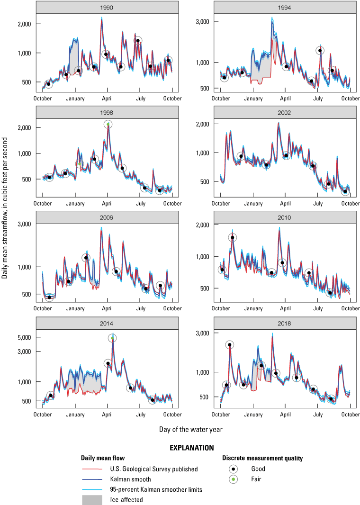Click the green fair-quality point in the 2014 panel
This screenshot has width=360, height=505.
(112, 338)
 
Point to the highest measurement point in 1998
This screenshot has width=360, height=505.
(108, 125)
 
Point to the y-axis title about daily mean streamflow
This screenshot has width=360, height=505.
(5, 210)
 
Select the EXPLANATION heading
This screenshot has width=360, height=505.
(191, 447)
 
